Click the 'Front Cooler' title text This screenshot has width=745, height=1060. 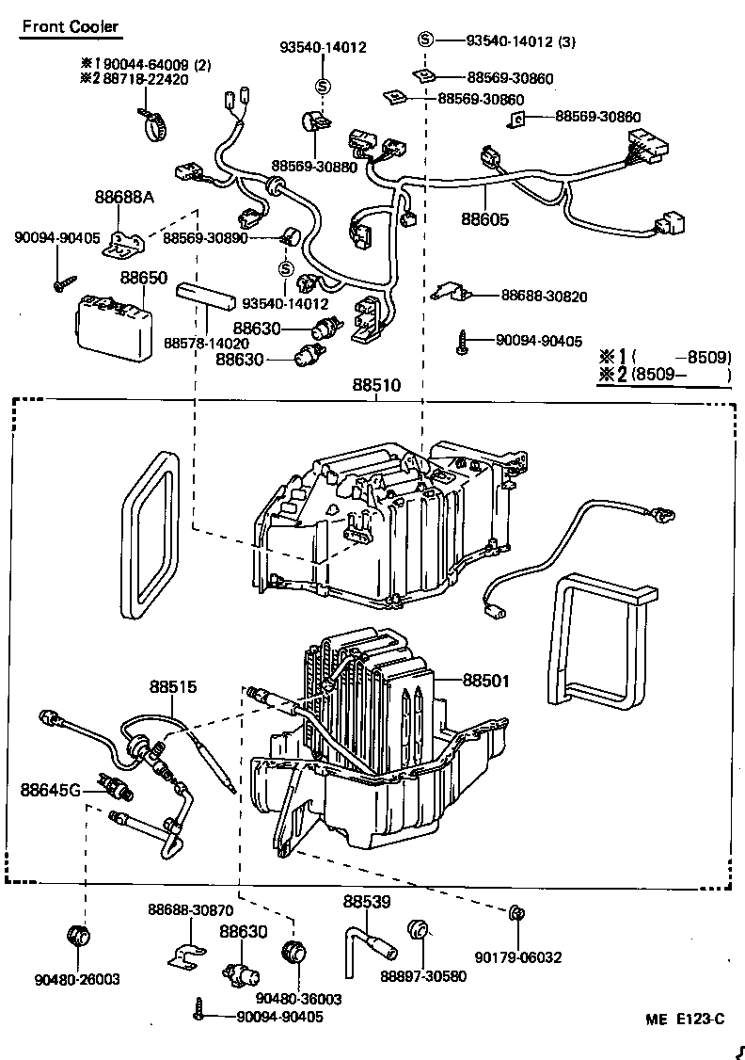point(71,26)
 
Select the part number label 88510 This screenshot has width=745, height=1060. point(376,385)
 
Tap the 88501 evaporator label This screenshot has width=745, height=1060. point(484,679)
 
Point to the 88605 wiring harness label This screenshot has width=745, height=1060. point(484,219)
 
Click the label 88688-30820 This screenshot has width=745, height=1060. point(544,296)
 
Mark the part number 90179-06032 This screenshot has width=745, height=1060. point(517,957)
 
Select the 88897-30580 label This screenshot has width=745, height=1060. point(422,976)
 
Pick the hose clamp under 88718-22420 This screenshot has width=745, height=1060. point(152,122)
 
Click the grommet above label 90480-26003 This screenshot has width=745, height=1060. point(79,938)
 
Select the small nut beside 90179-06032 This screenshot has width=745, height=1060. point(515,912)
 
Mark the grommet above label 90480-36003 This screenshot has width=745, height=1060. point(294,952)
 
